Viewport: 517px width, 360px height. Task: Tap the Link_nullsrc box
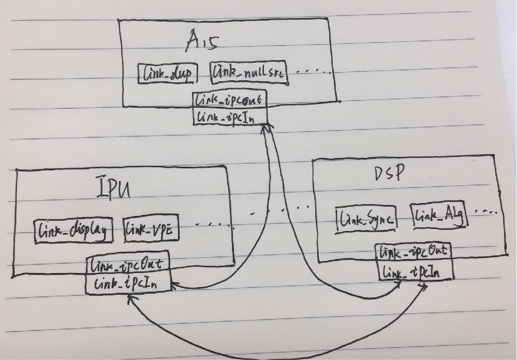click(249, 74)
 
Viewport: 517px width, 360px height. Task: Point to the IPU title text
click(113, 190)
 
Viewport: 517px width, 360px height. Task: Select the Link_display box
click(73, 231)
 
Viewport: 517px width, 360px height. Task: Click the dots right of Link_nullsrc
click(313, 71)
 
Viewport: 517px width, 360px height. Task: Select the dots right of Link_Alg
click(487, 212)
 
